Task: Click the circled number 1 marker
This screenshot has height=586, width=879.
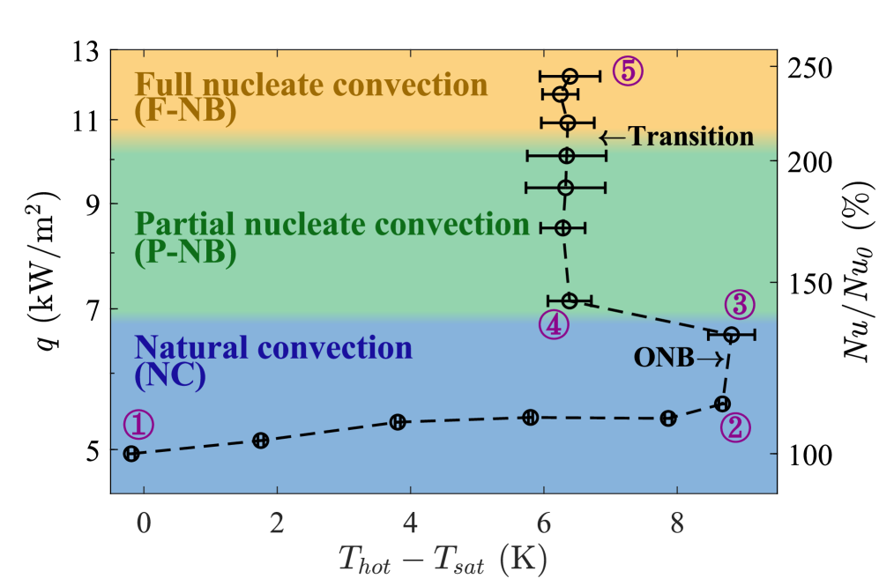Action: coord(138,425)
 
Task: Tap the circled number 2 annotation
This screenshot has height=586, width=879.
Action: coord(735,427)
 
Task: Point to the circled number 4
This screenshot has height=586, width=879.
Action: coord(552,324)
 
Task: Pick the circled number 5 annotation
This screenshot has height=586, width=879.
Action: coord(627,71)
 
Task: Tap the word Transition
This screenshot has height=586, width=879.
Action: coord(690,137)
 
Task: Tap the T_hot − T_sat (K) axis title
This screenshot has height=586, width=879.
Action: coord(443,557)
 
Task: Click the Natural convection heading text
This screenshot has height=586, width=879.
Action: coord(272,347)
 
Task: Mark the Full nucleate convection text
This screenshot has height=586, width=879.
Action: coord(310,85)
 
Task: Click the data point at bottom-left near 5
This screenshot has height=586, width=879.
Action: coord(131,454)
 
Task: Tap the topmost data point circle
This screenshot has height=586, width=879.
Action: coord(570,76)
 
